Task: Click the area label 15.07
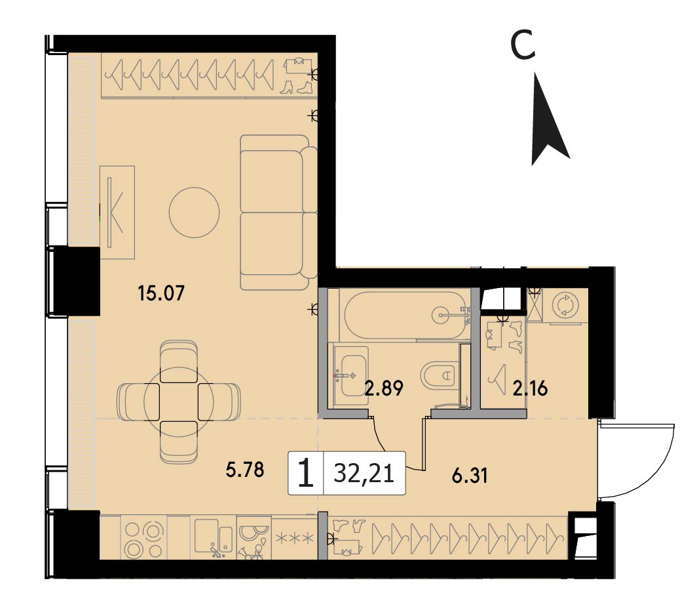tap(161, 293)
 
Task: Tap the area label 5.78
tap(245, 470)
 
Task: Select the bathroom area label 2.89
tap(384, 388)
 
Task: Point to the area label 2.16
tap(530, 389)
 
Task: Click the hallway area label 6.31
tap(470, 476)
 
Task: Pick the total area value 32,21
tap(364, 474)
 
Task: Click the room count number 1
tap(305, 474)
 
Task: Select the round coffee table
tap(195, 213)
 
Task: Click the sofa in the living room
tap(278, 213)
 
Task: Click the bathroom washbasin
tap(350, 375)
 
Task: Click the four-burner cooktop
tap(143, 539)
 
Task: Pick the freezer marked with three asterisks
tap(295, 537)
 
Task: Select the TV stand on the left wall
tap(117, 213)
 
